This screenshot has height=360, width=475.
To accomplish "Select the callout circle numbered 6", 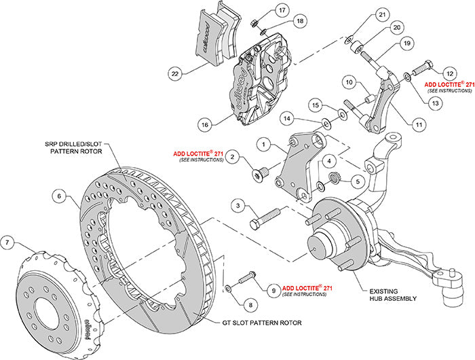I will [x=60, y=196].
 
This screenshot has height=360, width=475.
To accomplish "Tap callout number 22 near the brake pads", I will [x=175, y=73].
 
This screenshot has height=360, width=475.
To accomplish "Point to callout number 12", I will [x=449, y=72].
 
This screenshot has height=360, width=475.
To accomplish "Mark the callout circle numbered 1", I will [x=263, y=144].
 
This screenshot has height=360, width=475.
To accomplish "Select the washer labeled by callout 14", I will [x=327, y=123].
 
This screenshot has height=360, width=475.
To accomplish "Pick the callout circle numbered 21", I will [x=382, y=15].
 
